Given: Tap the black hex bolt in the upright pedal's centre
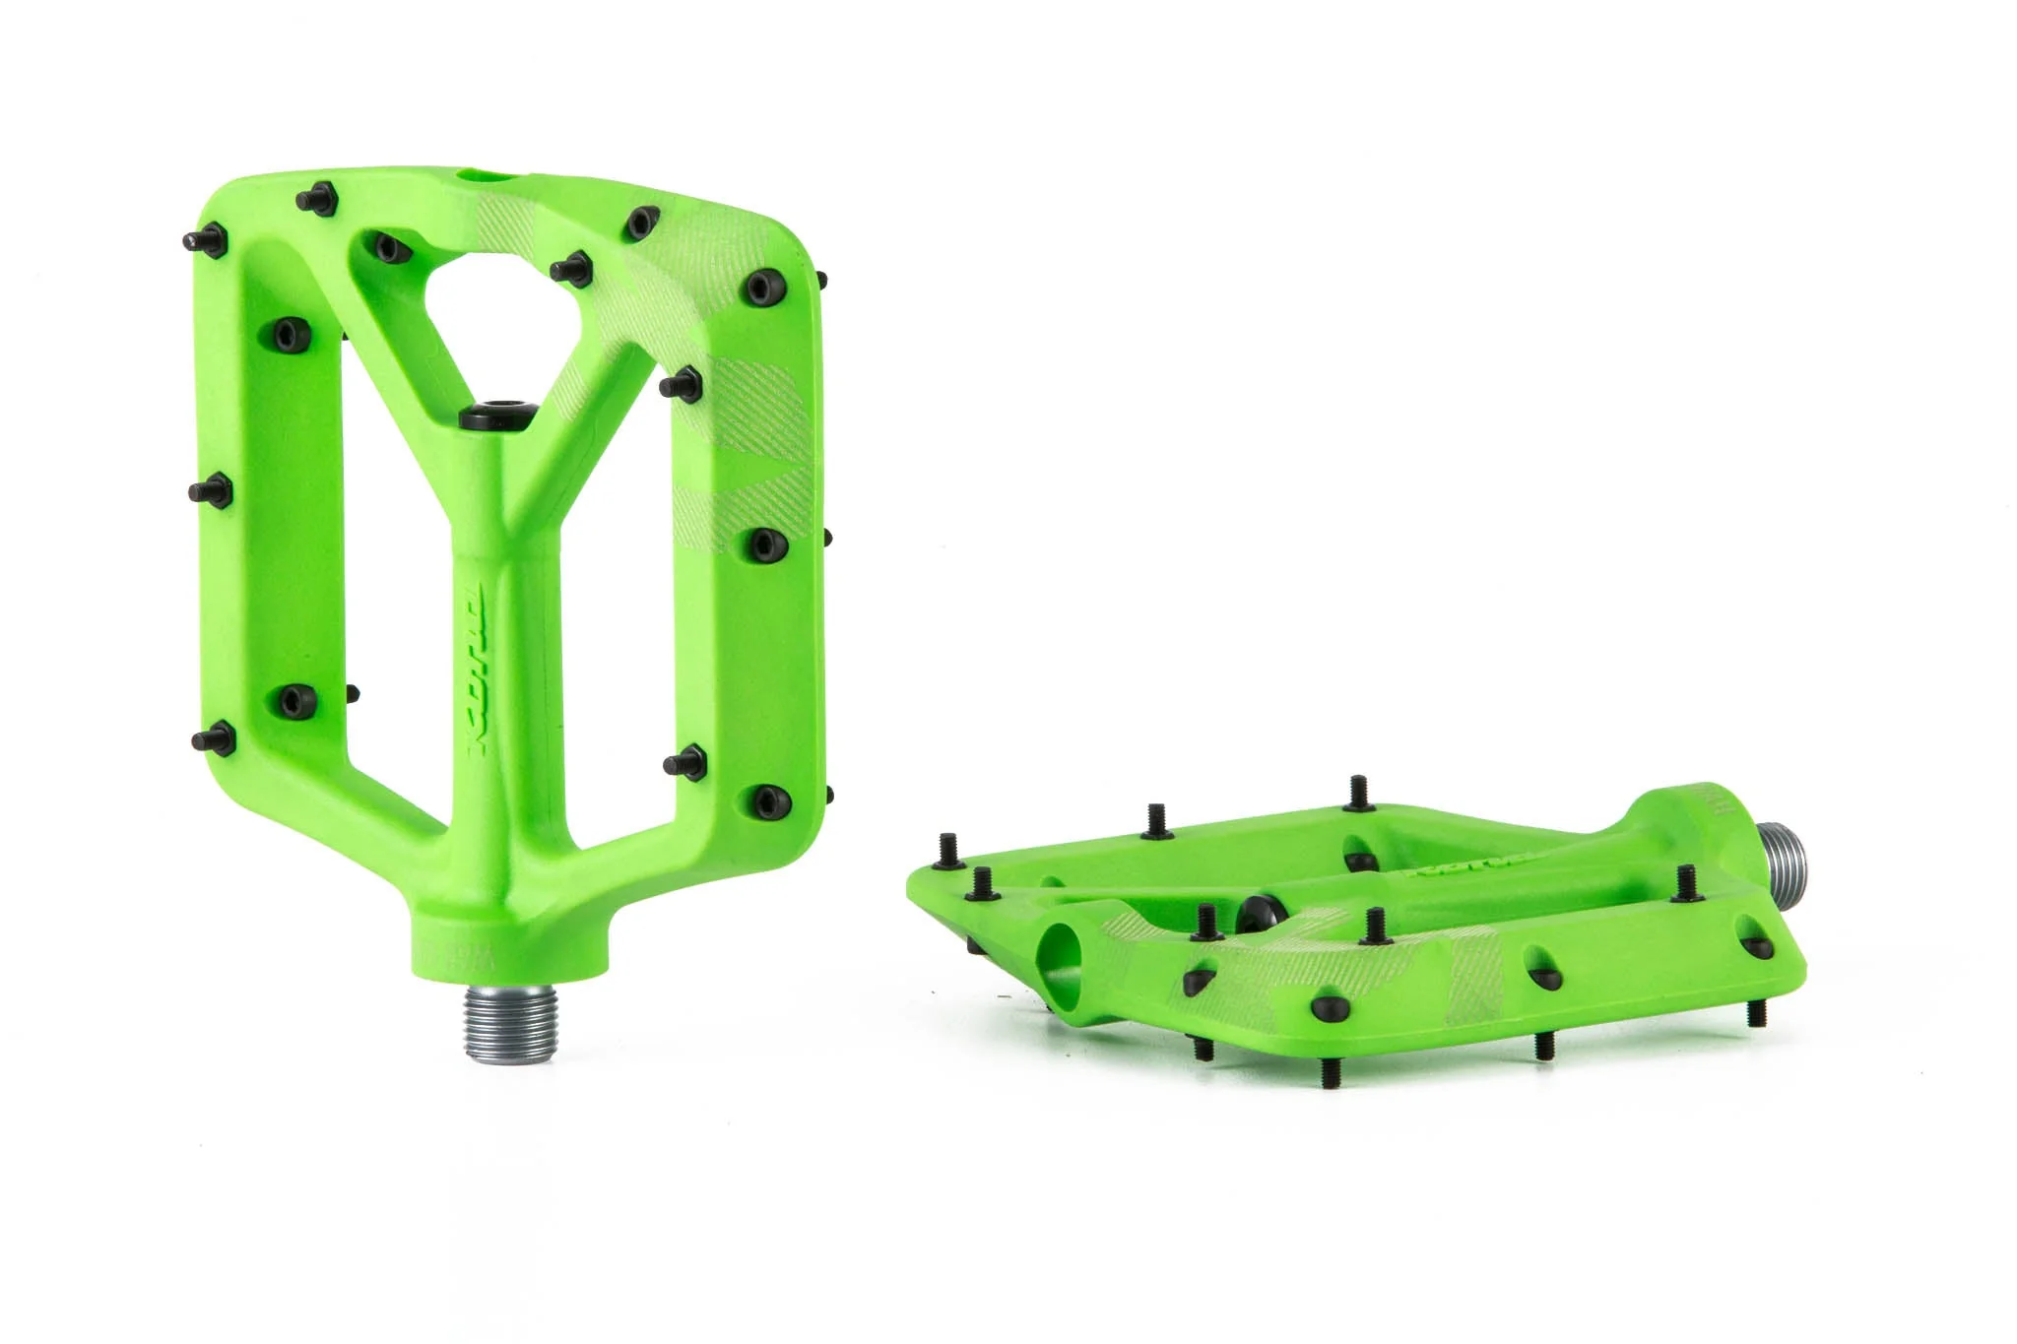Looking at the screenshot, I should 495,414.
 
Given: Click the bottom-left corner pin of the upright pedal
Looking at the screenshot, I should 213,737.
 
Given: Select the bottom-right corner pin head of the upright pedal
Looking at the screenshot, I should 764,799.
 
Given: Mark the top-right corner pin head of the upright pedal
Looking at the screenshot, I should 760,287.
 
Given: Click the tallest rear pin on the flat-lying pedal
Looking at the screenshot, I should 1359,792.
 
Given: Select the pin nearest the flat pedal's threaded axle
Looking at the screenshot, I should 1685,881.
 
